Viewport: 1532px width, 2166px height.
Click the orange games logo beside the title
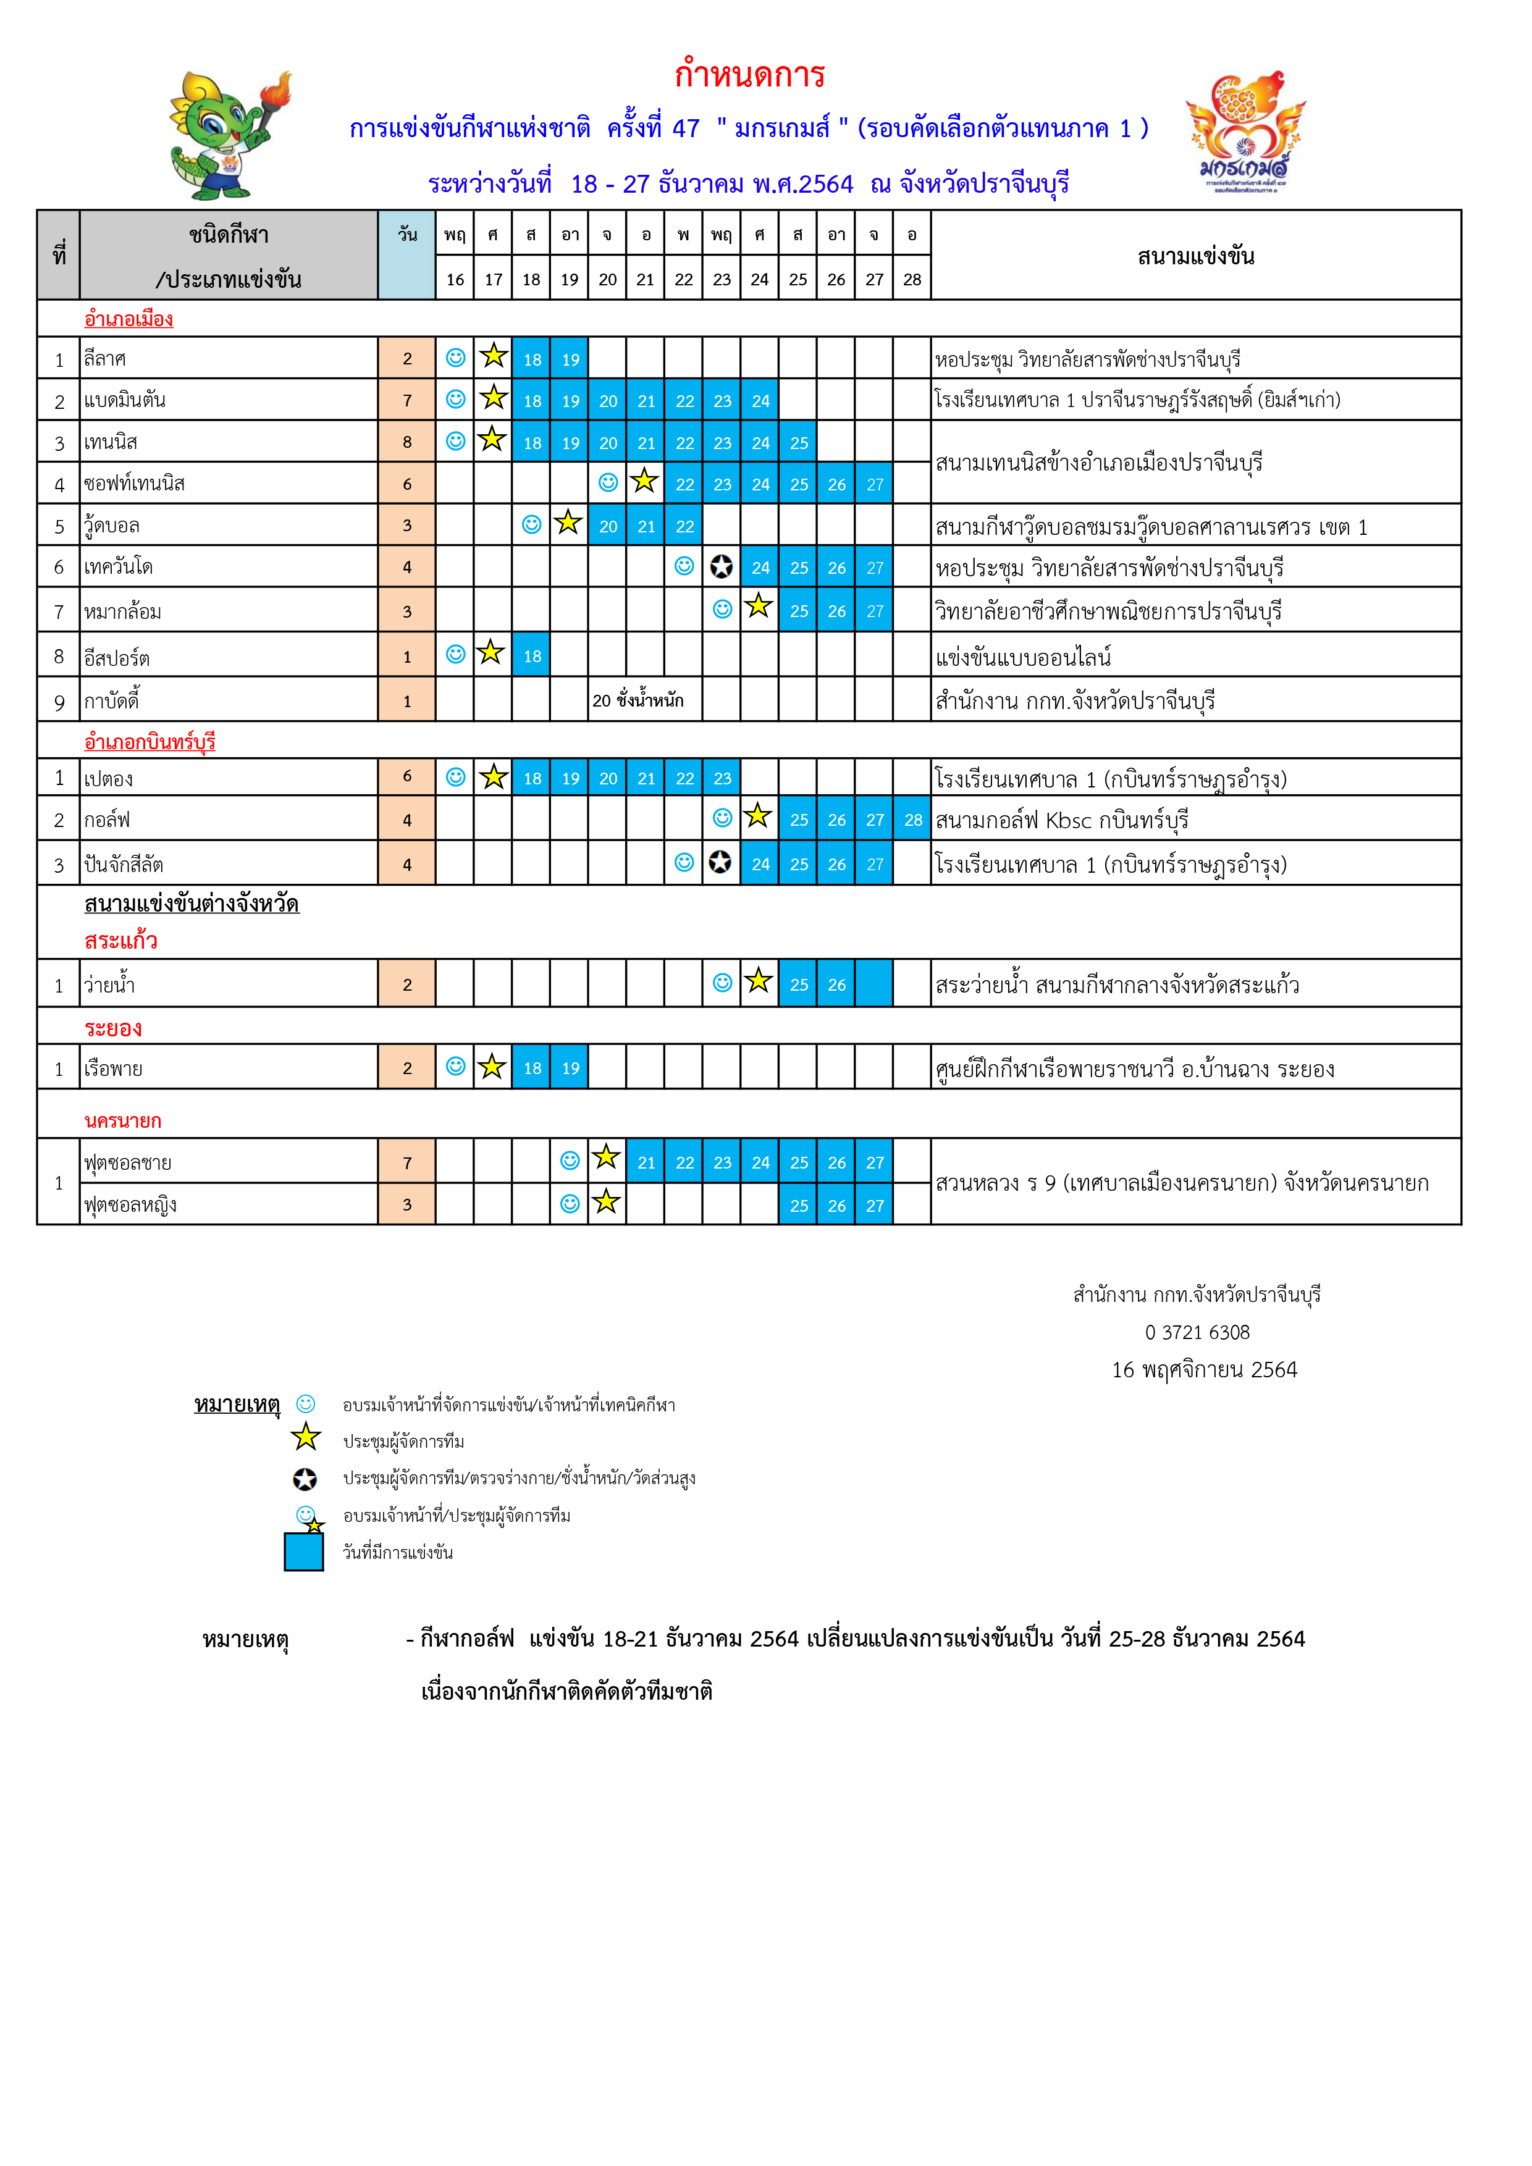click(1245, 132)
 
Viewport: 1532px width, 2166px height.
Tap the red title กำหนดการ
click(750, 73)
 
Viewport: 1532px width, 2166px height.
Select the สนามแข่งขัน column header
click(1195, 256)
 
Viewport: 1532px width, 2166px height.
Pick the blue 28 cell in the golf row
click(912, 820)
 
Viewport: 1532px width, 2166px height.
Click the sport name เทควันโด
click(118, 567)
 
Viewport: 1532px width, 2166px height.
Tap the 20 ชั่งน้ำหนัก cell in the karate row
click(638, 700)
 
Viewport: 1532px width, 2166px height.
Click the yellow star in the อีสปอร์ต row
click(490, 653)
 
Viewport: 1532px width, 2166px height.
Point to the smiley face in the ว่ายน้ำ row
click(723, 983)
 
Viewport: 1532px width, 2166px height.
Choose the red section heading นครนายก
click(123, 1121)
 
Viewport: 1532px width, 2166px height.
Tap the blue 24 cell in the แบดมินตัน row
click(760, 401)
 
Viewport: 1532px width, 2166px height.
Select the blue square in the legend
click(304, 1552)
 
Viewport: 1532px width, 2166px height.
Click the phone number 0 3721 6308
click(1197, 1332)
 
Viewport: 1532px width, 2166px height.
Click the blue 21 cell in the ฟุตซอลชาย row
click(646, 1163)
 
